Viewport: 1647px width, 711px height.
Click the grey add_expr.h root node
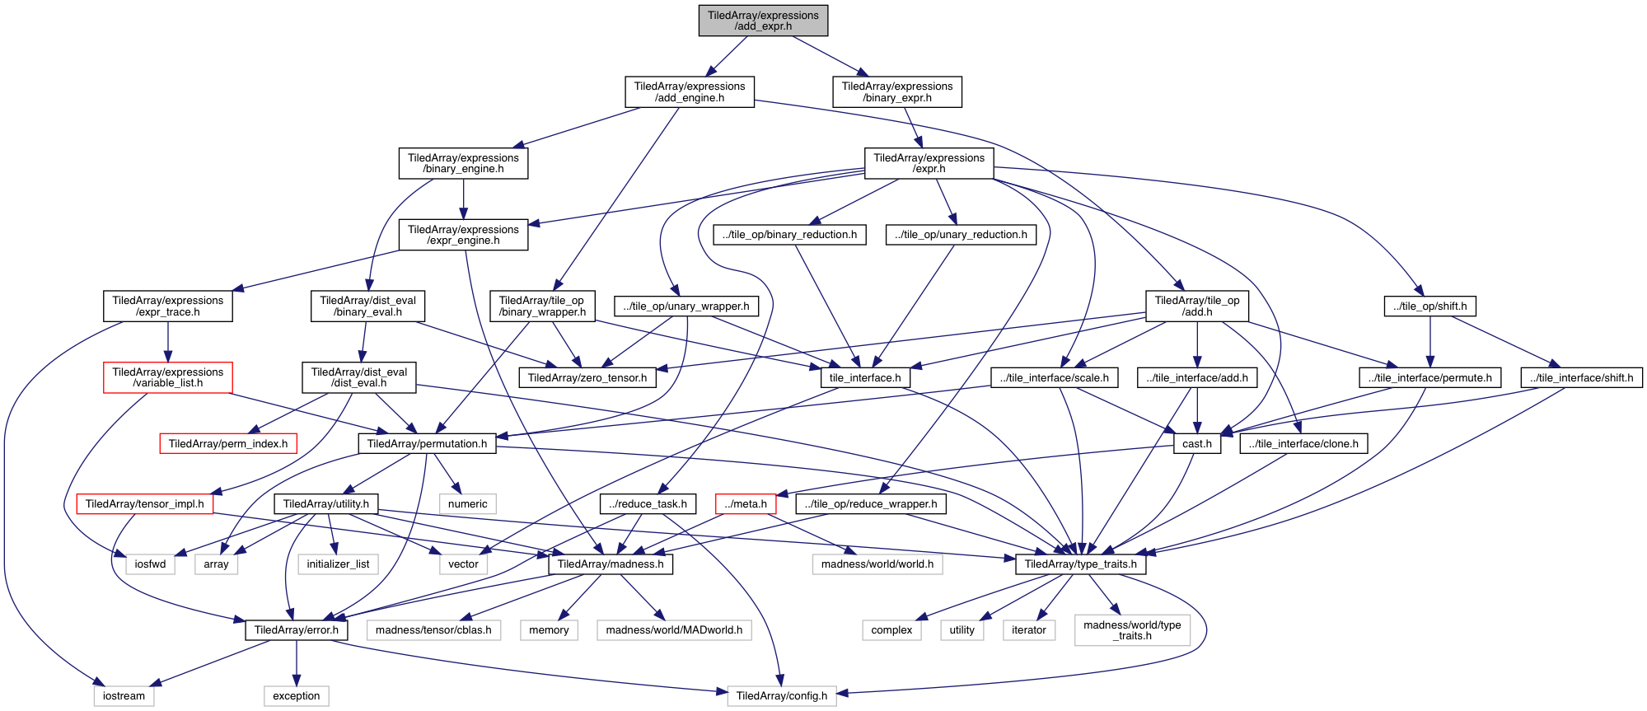(763, 21)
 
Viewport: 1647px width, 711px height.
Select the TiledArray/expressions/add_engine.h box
(689, 92)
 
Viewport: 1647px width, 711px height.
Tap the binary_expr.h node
(896, 92)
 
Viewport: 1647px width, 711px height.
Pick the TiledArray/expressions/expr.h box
(929, 163)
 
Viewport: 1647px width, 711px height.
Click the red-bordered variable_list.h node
(168, 377)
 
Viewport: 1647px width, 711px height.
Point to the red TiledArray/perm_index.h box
(228, 444)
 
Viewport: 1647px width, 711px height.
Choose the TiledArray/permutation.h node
(427, 444)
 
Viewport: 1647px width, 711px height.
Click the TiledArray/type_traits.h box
(1080, 564)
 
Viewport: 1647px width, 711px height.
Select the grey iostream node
(124, 696)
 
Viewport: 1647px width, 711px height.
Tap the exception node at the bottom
(297, 696)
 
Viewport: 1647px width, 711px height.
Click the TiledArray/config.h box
(781, 696)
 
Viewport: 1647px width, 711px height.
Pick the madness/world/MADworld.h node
(674, 630)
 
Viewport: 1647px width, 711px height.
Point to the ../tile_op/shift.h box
(1429, 306)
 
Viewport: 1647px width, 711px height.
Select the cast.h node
(1196, 444)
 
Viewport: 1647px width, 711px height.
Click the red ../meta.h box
(746, 504)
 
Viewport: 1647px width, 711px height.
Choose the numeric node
(467, 504)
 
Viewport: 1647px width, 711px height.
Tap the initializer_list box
(338, 564)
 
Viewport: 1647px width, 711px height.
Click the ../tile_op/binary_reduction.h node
(789, 235)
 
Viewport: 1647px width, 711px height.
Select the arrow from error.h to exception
(297, 663)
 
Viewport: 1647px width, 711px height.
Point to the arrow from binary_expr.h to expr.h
(912, 128)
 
